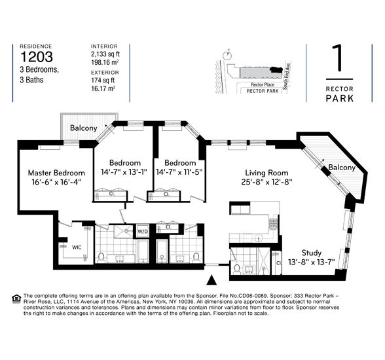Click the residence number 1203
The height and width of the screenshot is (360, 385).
(x=37, y=57)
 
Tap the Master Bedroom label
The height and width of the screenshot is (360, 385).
(x=56, y=173)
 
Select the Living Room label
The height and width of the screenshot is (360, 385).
(x=266, y=173)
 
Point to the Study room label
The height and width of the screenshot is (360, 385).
(x=312, y=253)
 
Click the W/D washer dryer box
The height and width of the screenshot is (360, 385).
(x=143, y=231)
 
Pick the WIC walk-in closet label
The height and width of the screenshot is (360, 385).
(x=77, y=247)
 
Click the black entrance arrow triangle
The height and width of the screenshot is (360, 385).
(x=211, y=280)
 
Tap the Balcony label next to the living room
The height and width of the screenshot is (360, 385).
(x=342, y=168)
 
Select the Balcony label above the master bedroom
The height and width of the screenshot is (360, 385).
(x=84, y=128)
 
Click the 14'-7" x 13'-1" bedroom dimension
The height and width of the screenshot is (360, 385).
(x=124, y=172)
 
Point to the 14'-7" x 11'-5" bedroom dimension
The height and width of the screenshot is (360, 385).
(x=179, y=172)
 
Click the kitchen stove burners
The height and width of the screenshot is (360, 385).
(x=274, y=223)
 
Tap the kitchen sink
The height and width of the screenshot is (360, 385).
(x=258, y=238)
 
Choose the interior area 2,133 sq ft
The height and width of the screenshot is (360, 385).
(x=105, y=54)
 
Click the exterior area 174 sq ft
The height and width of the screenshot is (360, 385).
(x=103, y=81)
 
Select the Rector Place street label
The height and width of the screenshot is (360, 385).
(x=263, y=84)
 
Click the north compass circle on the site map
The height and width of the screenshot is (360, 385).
(x=227, y=56)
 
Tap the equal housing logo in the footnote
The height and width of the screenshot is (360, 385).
(x=16, y=298)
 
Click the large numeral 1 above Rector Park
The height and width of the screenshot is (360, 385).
(x=338, y=58)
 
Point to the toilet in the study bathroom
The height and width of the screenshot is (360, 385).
(x=237, y=269)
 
